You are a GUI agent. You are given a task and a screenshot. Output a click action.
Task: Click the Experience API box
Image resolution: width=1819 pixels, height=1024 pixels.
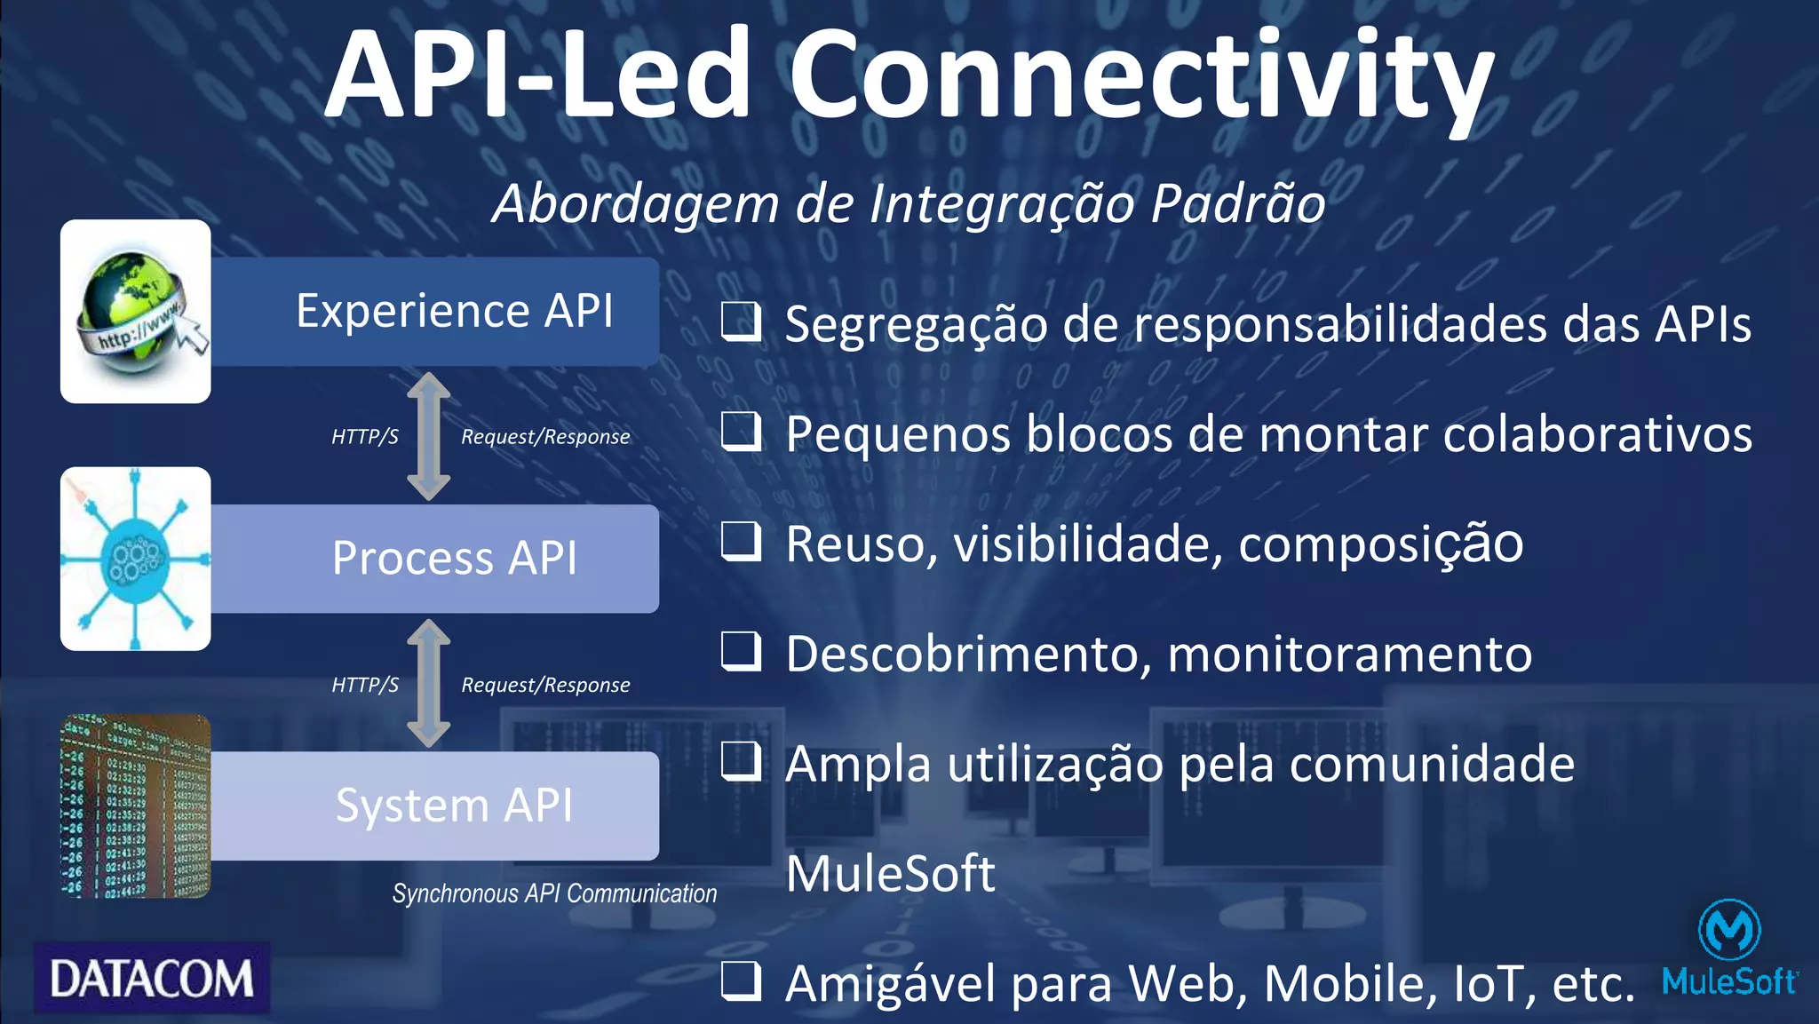[x=435, y=311]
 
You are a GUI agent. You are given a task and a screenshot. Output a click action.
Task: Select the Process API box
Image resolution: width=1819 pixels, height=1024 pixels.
[x=435, y=559]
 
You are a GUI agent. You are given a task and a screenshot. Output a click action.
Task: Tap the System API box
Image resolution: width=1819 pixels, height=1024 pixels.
[x=435, y=806]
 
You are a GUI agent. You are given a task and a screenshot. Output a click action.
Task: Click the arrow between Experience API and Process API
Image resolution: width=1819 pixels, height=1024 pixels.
[x=429, y=436]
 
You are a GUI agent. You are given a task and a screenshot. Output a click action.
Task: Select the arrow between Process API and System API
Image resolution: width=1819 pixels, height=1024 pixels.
[x=429, y=683]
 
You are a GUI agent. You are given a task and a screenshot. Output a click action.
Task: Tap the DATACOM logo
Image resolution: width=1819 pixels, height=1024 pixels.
[x=152, y=978]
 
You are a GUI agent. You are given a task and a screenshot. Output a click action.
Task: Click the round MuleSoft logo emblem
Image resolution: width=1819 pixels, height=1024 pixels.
[x=1728, y=929]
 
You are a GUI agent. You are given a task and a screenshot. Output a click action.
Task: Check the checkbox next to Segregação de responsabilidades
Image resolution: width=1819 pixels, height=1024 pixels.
[x=741, y=322]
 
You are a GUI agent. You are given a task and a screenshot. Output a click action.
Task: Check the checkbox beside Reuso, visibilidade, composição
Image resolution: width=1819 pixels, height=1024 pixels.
[x=741, y=542]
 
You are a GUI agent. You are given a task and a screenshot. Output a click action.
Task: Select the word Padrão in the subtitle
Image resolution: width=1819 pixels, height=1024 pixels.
[x=1238, y=203]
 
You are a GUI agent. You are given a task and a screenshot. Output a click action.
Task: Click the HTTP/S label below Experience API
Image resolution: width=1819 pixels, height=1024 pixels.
[x=365, y=437]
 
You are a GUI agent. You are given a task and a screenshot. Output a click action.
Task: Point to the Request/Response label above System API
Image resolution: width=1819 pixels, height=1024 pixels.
[x=545, y=685]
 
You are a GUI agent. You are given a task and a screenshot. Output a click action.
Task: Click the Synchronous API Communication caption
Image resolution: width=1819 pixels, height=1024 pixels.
[x=554, y=893]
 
